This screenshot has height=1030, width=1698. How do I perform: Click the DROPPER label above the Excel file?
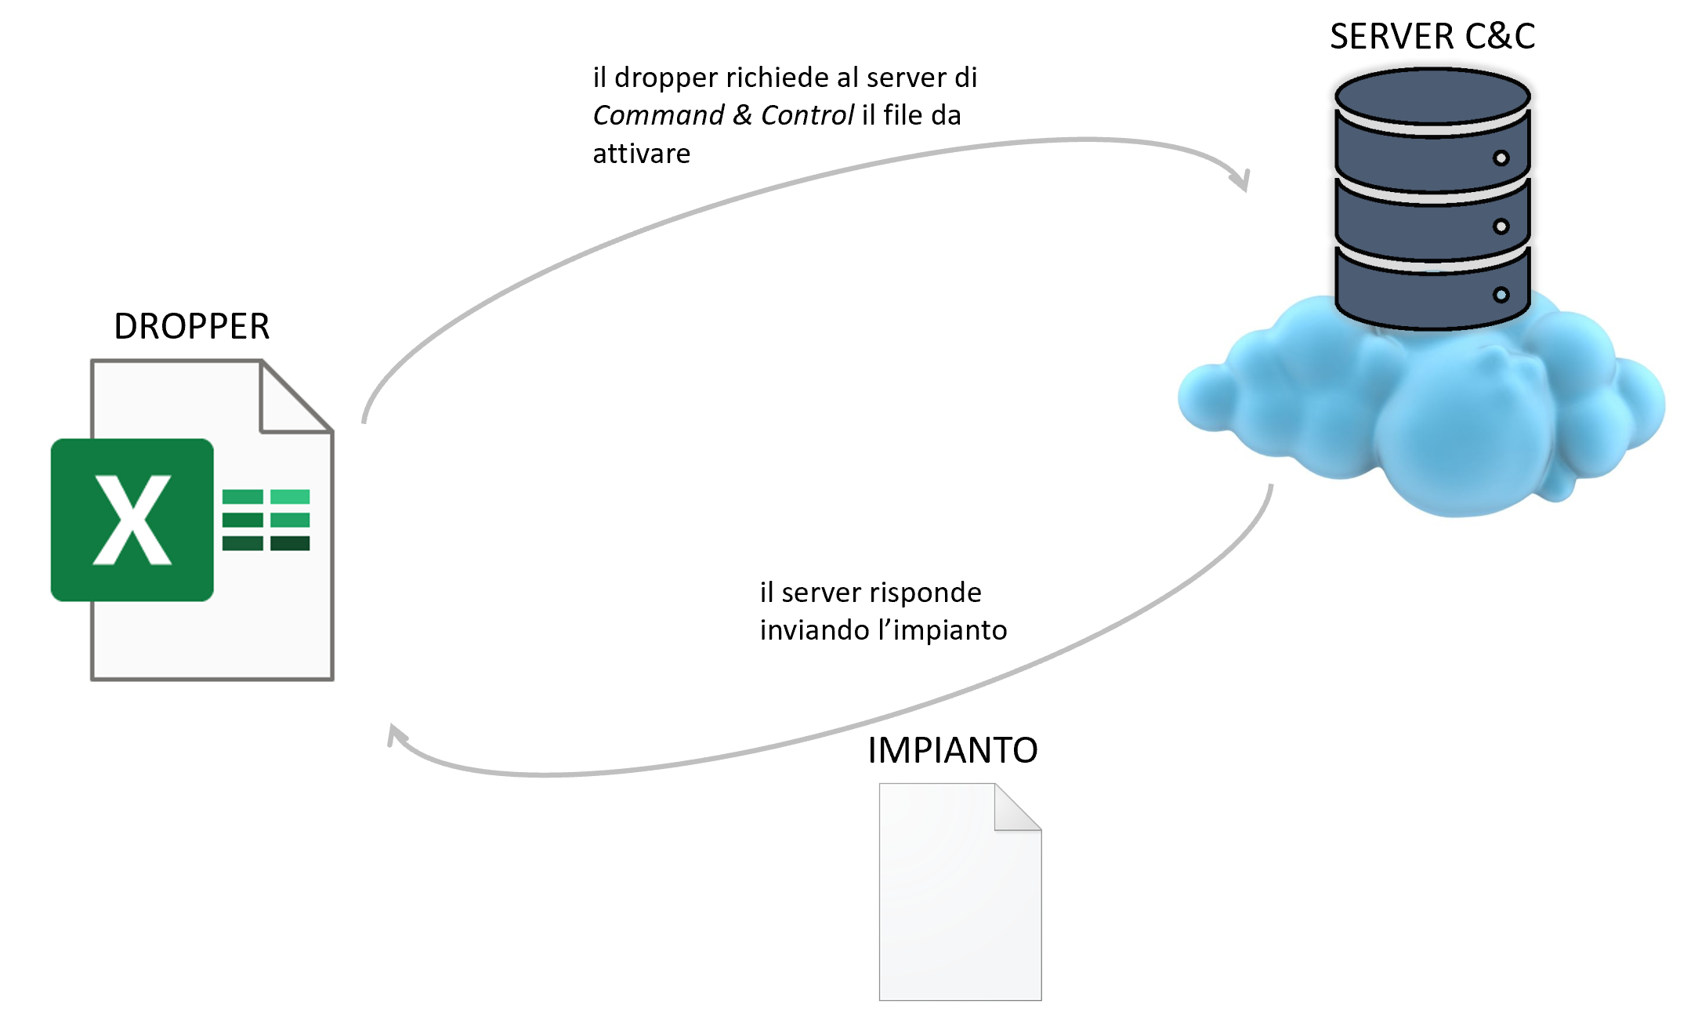tap(192, 326)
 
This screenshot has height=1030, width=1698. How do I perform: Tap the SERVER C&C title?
tap(1432, 37)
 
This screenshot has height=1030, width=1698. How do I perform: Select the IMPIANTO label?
tap(953, 750)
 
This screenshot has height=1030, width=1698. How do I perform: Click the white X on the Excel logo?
tap(132, 520)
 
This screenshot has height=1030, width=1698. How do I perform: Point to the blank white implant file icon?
tap(960, 901)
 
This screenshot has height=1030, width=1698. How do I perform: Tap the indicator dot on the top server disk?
tap(1501, 158)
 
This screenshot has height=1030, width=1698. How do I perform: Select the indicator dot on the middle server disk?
tap(1501, 227)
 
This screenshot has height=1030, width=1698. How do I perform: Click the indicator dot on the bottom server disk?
tap(1501, 295)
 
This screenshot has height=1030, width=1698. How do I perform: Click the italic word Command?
tap(658, 115)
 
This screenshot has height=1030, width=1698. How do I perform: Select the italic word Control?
tap(807, 115)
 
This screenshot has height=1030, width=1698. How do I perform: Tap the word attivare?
tap(641, 154)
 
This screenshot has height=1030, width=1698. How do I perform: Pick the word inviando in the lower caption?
tap(814, 630)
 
